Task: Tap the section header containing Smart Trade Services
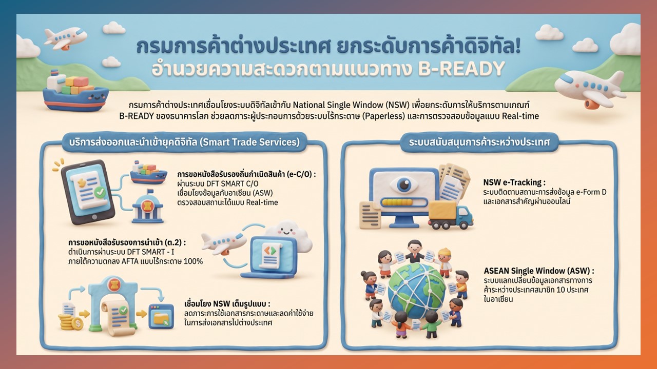[x=184, y=142]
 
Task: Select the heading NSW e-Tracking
[x=514, y=182]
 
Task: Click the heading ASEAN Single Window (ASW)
[x=539, y=271]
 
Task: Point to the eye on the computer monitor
[x=404, y=184]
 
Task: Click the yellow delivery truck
[x=450, y=214]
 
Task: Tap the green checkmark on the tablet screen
[x=100, y=192]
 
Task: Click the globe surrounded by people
[x=416, y=292]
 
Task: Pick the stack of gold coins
[x=69, y=322]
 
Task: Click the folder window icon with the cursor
[x=161, y=316]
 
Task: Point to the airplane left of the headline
[x=65, y=37]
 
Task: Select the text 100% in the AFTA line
[x=193, y=261]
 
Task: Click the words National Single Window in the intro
[x=338, y=105]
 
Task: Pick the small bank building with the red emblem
[x=148, y=206]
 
